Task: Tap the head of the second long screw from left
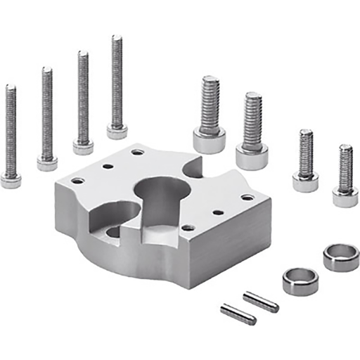47,163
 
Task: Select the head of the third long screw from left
83,147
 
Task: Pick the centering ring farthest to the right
341,257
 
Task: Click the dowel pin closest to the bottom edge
238,314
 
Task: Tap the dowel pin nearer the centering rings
261,302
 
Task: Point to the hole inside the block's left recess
112,231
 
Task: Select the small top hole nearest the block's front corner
188,228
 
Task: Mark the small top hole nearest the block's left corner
77,181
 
